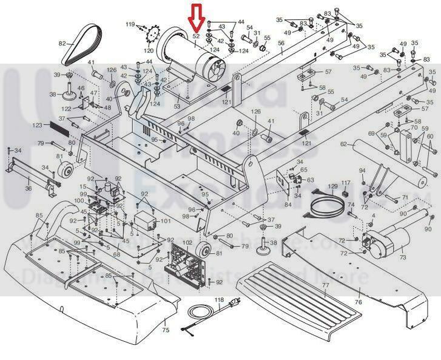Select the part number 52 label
[x=196, y=37]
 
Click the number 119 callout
[x=130, y=24]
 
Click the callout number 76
[x=358, y=302]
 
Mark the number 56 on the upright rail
[x=281, y=43]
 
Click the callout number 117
[x=346, y=182]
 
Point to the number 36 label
[x=29, y=188]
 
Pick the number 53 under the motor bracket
[x=177, y=106]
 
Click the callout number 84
[x=288, y=205]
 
